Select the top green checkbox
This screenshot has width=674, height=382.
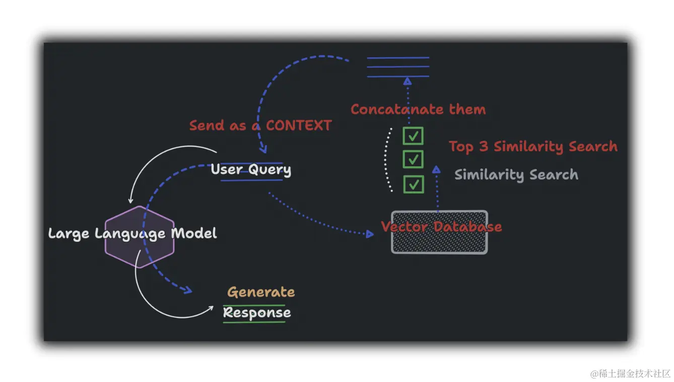(413, 136)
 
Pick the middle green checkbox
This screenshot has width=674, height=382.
(413, 159)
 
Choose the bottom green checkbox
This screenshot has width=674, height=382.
(413, 184)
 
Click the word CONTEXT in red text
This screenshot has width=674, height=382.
(299, 125)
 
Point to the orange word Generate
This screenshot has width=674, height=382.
(261, 292)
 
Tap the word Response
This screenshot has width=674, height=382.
(257, 312)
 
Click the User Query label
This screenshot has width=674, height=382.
(251, 169)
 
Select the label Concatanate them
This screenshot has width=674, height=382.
(418, 109)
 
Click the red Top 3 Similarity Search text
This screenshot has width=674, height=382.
(533, 147)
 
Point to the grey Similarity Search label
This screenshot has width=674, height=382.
(516, 175)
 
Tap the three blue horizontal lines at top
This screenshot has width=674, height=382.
(398, 67)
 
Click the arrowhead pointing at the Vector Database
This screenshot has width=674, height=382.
(370, 234)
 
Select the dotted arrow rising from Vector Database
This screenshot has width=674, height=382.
(437, 189)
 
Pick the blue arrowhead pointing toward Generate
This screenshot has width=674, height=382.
(187, 290)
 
